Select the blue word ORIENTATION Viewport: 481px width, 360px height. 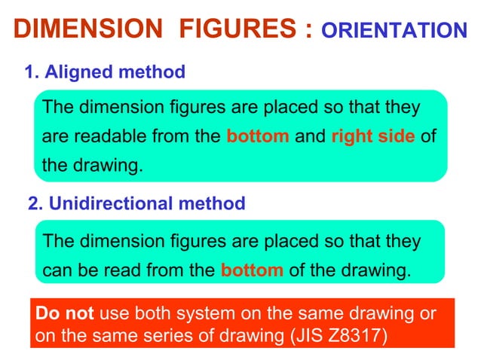(394, 31)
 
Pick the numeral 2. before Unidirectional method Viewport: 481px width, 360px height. (35, 203)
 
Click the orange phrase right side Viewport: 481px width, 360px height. (372, 136)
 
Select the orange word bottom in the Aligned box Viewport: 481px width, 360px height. (258, 136)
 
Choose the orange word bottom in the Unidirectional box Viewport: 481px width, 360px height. (252, 270)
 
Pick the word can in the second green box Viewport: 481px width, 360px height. (57, 270)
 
